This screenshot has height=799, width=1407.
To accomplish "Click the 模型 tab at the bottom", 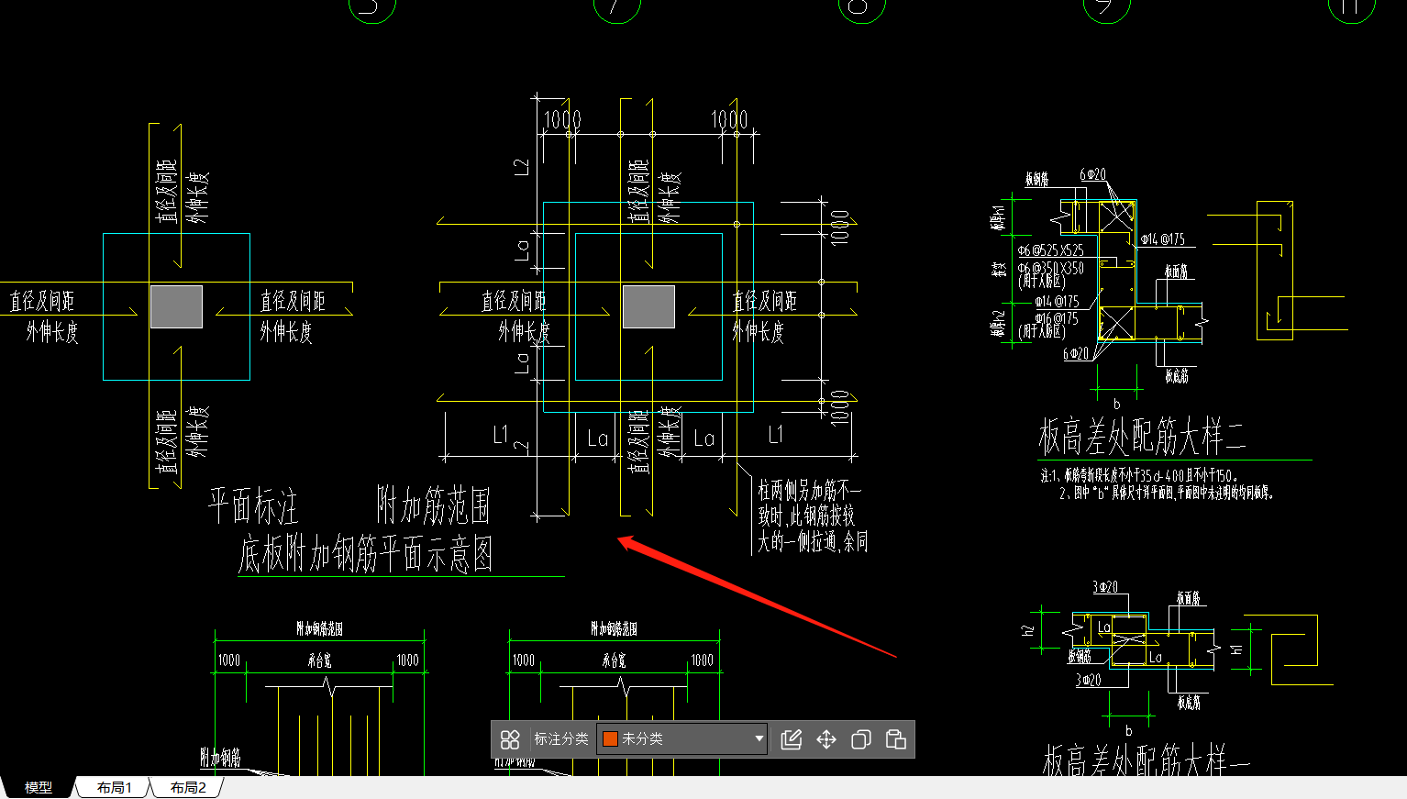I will (x=38, y=787).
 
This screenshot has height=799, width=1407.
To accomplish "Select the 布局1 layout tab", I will (x=115, y=787).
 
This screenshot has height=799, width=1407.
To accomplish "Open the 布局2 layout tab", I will (x=188, y=787).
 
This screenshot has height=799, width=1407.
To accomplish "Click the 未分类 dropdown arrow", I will (x=759, y=738).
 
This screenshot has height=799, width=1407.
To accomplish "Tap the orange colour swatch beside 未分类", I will (x=610, y=739).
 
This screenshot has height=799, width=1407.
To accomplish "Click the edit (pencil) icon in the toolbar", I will (x=791, y=739).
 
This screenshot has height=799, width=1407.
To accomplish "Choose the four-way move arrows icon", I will (x=826, y=739).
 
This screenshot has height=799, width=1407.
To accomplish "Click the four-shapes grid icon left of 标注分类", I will (x=510, y=739).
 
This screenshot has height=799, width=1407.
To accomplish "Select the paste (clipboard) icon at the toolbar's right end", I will (x=896, y=739).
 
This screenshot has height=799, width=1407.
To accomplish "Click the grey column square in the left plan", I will (x=176, y=306).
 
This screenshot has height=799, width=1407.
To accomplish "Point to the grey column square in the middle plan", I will (x=648, y=306).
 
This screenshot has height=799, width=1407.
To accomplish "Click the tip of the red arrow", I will (x=621, y=539).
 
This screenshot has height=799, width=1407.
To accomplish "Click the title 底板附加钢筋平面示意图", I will (x=365, y=554).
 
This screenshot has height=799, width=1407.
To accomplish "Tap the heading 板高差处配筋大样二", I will (x=1141, y=438).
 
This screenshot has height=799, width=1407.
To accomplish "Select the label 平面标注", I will (x=252, y=505).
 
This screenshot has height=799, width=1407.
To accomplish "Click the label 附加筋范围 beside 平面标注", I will (x=433, y=505).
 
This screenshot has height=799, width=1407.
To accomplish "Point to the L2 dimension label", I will (x=522, y=167).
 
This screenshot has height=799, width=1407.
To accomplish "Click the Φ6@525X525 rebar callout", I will (x=1050, y=250).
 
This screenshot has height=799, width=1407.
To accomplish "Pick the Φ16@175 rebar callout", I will (x=1057, y=318).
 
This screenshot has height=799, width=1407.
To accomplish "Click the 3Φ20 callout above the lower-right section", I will (x=1104, y=586).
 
